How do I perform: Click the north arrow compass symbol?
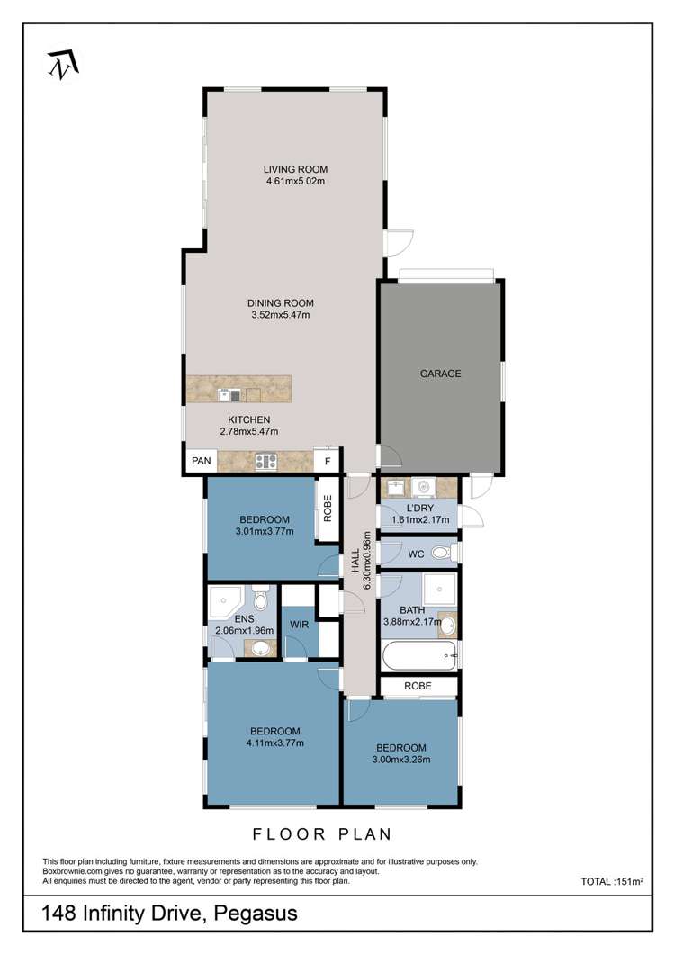63,65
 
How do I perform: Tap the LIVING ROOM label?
295,169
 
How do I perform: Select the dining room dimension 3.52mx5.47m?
281,315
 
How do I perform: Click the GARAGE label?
441,373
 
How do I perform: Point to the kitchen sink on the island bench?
230,395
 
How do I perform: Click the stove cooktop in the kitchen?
266,462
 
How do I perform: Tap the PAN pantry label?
202,461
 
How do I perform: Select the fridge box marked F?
328,461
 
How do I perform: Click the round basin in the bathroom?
448,625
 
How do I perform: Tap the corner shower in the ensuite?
224,602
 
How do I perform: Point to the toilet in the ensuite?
260,598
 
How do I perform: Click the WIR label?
299,625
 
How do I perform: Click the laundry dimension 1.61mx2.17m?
420,519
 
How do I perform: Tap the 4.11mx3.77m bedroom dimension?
275,742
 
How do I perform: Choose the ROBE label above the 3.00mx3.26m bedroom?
418,686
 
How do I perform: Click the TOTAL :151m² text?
612,881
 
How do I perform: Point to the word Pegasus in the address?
256,913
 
